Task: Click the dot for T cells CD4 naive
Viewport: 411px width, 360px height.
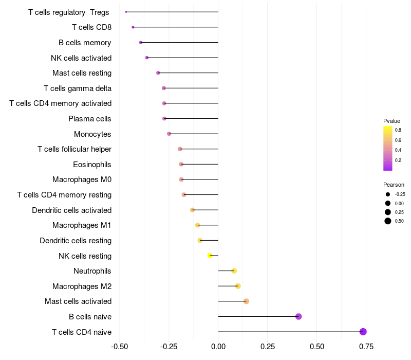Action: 363,332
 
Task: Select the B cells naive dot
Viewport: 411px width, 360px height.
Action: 298,316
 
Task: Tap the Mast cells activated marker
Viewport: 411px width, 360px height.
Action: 246,301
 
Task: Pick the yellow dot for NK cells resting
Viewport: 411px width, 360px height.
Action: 210,256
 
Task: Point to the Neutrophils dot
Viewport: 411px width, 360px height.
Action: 234,271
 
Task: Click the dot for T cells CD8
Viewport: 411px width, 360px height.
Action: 133,27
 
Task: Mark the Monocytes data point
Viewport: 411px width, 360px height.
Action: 169,134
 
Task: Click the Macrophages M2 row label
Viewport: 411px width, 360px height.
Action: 82,286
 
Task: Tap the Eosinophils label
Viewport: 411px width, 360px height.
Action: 92,164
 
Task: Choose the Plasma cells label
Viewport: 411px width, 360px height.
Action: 90,119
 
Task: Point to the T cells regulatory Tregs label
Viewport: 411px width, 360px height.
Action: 69,12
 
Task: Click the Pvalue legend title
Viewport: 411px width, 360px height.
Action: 391,121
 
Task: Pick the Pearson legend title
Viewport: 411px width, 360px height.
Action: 394,185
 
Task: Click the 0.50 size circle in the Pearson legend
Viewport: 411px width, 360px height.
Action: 388,221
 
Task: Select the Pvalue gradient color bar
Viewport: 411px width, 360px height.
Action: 388,148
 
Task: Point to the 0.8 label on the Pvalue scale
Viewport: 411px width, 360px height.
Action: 398,130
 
